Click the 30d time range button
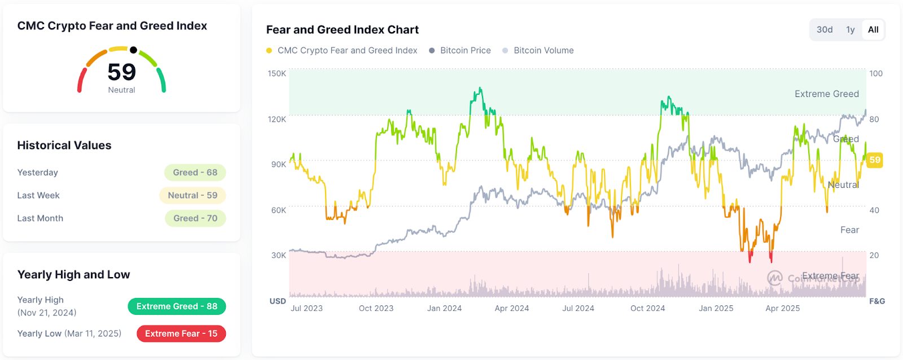[x=825, y=30]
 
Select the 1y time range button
[x=851, y=30]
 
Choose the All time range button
[x=873, y=30]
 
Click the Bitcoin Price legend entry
[x=465, y=50]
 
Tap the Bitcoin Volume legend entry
[x=543, y=50]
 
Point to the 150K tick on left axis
[x=277, y=73]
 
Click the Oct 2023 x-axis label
[x=376, y=308]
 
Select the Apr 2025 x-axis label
[x=782, y=308]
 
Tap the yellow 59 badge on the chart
[x=875, y=160]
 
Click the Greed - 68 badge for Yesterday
[x=195, y=173]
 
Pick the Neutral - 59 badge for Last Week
[x=192, y=195]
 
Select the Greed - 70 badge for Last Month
[x=195, y=218]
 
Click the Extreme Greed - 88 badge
[x=177, y=306]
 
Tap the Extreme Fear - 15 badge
[x=181, y=333]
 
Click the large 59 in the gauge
[x=121, y=72]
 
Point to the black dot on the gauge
[x=133, y=50]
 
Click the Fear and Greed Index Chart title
[x=342, y=29]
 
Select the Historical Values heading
[x=64, y=145]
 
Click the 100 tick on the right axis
[x=876, y=73]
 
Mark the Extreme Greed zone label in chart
[x=826, y=94]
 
